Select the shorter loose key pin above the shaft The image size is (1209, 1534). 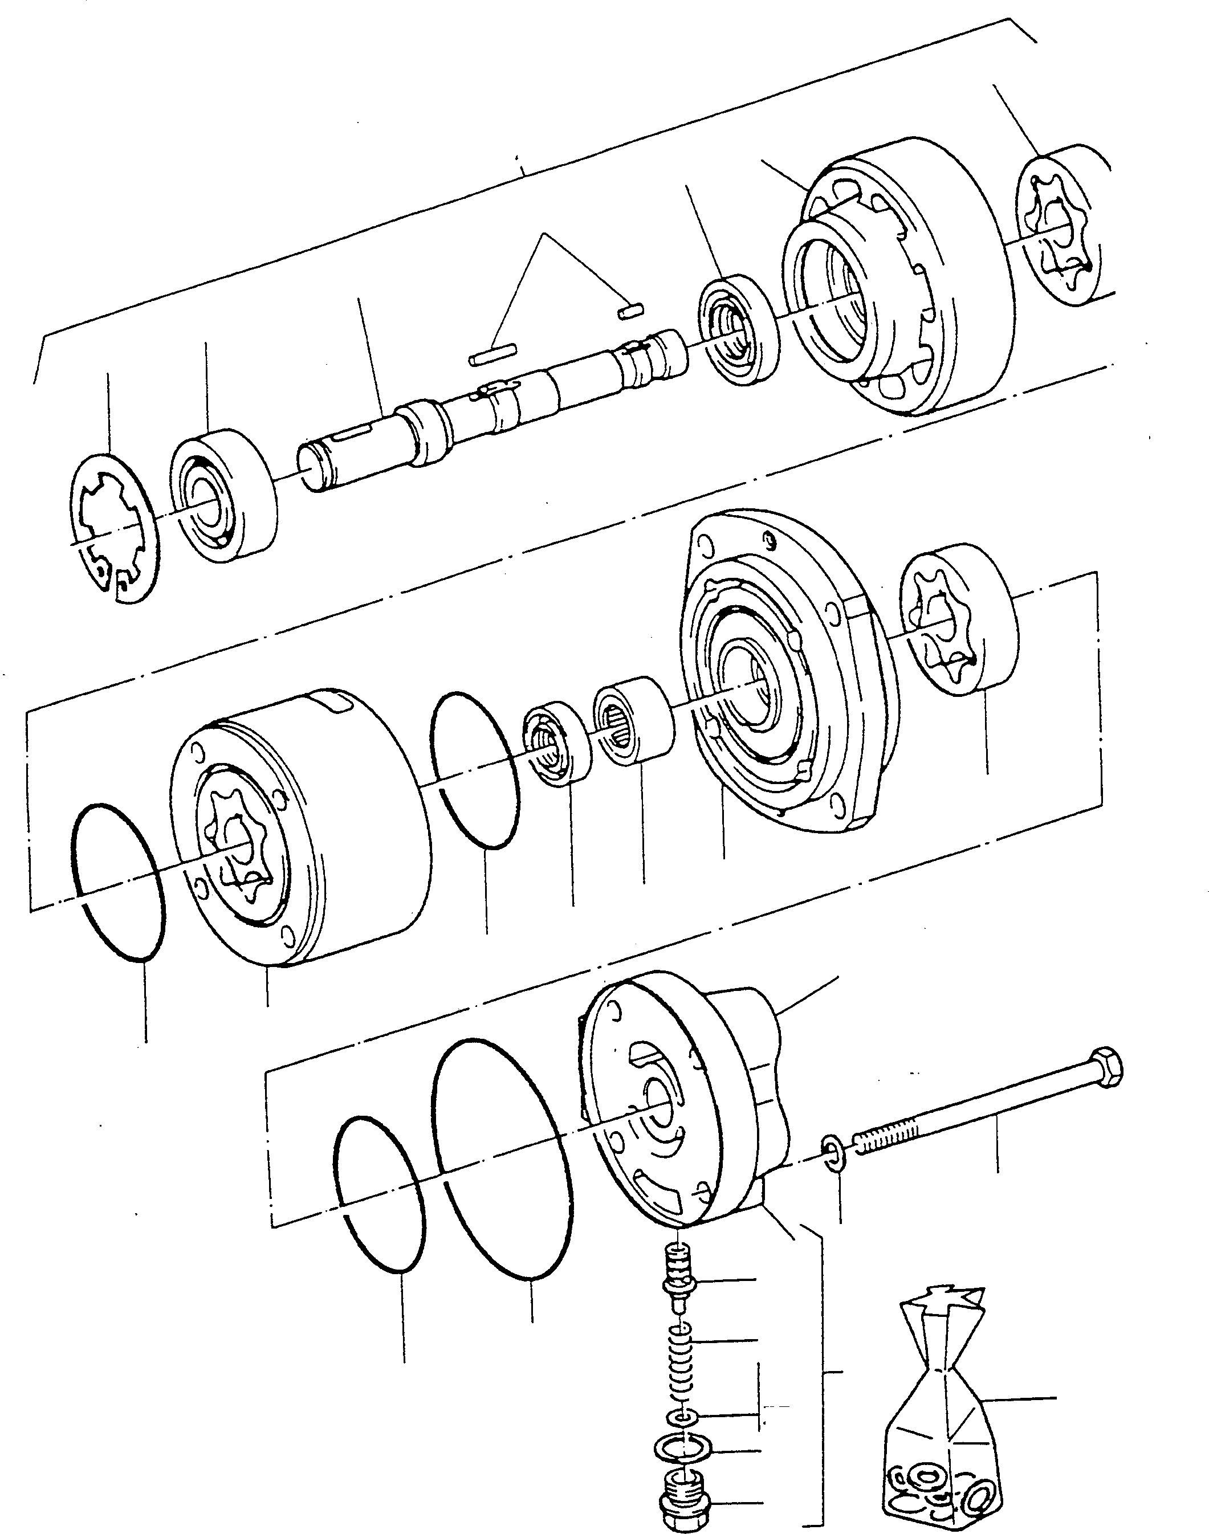(629, 309)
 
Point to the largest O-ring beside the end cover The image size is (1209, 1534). (503, 1159)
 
